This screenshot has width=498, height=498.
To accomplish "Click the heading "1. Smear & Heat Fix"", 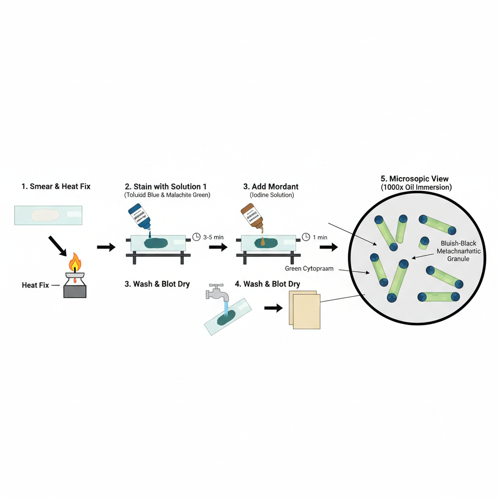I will click(x=56, y=186).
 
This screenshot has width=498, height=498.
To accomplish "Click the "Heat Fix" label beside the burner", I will click(x=36, y=285).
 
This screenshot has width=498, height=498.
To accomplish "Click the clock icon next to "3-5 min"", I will click(x=196, y=237).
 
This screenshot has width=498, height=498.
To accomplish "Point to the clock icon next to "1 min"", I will click(x=306, y=237).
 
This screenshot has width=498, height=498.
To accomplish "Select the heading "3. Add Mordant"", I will click(x=270, y=186).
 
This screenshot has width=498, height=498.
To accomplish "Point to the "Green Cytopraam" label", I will click(x=309, y=268).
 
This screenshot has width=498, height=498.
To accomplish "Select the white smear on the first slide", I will click(x=45, y=215).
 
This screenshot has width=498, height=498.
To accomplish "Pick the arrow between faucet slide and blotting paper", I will click(x=273, y=308).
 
